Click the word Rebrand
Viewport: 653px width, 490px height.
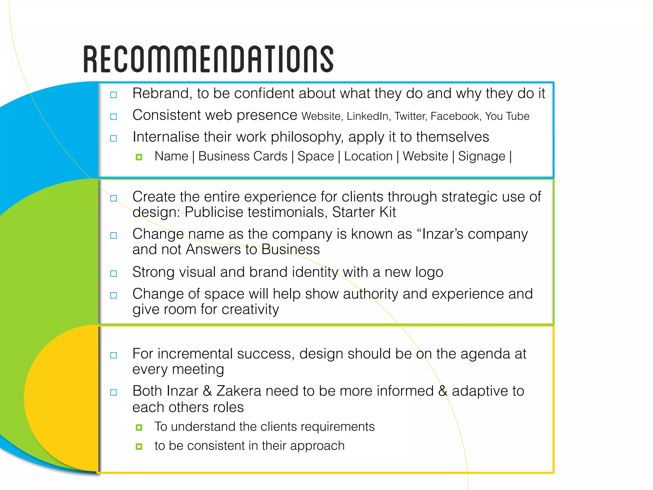click(162, 93)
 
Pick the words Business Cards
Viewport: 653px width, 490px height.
click(243, 156)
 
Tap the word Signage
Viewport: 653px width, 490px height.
click(481, 156)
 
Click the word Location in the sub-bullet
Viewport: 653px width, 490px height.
click(368, 156)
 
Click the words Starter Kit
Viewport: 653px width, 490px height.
click(364, 212)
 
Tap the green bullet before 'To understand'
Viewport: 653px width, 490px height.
click(139, 427)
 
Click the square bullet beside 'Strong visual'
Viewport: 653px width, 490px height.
click(114, 274)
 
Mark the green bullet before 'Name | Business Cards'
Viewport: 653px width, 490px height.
click(139, 157)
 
